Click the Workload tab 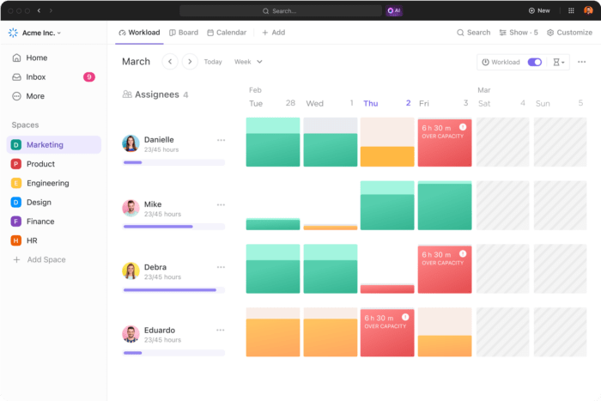(x=139, y=33)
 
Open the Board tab (x=183, y=33)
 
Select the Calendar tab (x=226, y=33)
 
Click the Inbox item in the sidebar (x=36, y=77)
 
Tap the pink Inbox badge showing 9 (x=88, y=77)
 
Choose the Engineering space (x=47, y=183)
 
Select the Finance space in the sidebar (x=40, y=222)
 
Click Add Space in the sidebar (x=46, y=259)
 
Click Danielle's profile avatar (x=131, y=143)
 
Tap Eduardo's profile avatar (x=131, y=334)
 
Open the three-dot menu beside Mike (x=221, y=204)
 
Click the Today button (x=213, y=62)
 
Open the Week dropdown (x=248, y=62)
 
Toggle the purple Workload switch (x=535, y=62)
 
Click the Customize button (x=569, y=33)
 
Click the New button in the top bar (x=539, y=10)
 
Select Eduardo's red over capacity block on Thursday (x=386, y=331)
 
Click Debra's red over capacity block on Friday (x=444, y=268)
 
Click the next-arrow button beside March (x=190, y=62)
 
